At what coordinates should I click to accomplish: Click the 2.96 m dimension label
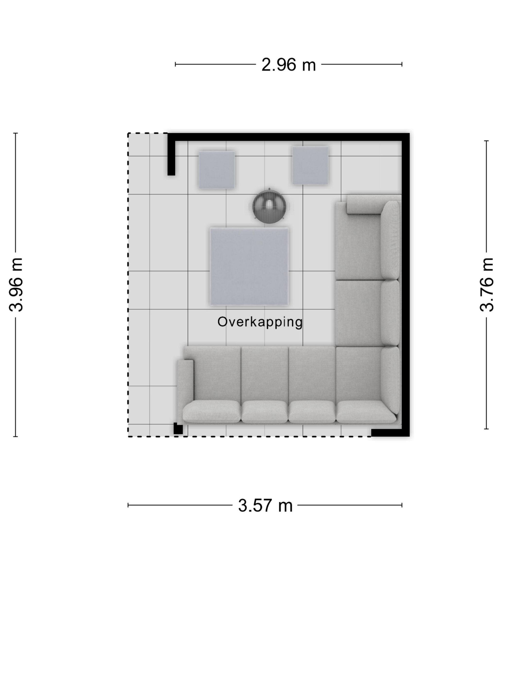pyautogui.click(x=288, y=65)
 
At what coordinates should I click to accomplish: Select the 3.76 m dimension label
pyautogui.click(x=487, y=285)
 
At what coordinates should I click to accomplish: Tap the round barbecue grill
pyautogui.click(x=269, y=206)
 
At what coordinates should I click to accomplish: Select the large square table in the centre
pyautogui.click(x=249, y=266)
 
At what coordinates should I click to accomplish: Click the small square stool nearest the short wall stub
pyautogui.click(x=217, y=170)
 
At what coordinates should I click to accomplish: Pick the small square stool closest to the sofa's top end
pyautogui.click(x=310, y=165)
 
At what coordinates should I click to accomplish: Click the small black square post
pyautogui.click(x=178, y=429)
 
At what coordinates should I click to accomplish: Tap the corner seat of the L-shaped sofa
pyautogui.click(x=358, y=384)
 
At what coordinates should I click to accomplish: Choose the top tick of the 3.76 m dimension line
pyautogui.click(x=487, y=141)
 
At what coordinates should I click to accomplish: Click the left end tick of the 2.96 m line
pyautogui.click(x=175, y=64)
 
